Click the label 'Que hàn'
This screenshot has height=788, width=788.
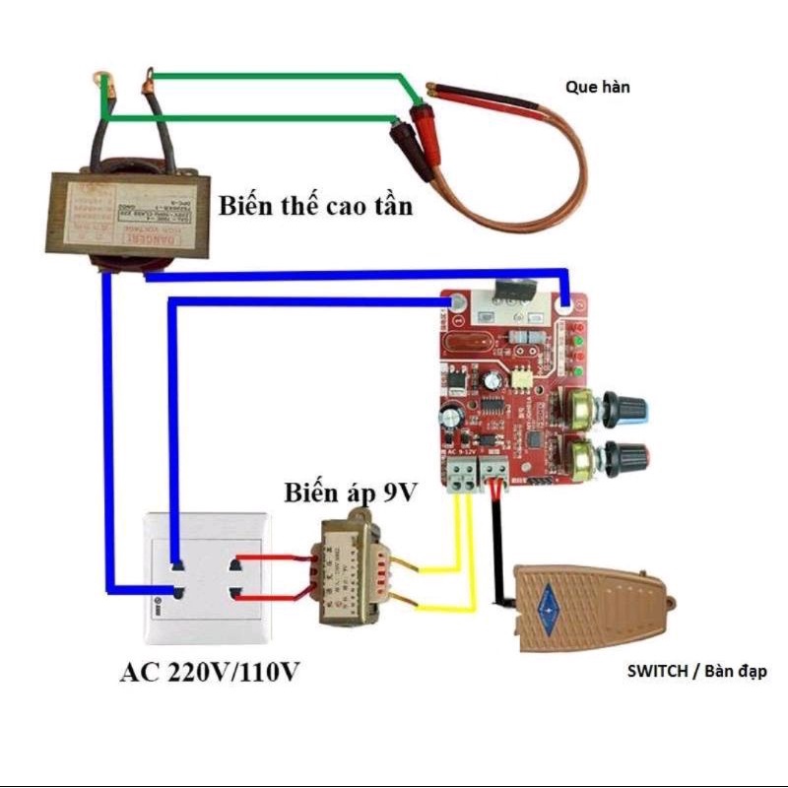pyautogui.click(x=597, y=87)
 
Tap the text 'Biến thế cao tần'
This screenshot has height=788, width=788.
pyautogui.click(x=315, y=207)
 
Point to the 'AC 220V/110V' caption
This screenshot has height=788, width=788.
pyautogui.click(x=210, y=673)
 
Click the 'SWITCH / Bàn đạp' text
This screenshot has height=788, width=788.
pyautogui.click(x=696, y=671)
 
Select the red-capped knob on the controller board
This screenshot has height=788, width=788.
pyautogui.click(x=628, y=455)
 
